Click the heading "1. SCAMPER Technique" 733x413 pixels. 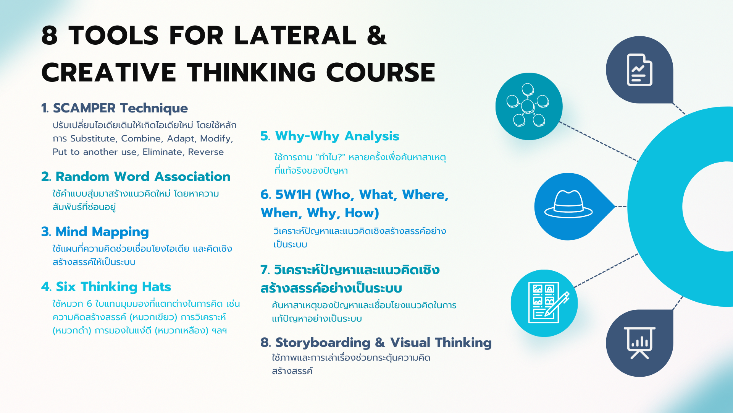point(115,108)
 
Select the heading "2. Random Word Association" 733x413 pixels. point(136,177)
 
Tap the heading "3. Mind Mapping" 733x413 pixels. point(95,232)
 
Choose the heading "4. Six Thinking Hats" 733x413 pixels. point(106,287)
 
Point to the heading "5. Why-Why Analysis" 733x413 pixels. point(330,136)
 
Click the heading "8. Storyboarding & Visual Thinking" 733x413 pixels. point(376,343)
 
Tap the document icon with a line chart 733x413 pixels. point(639,70)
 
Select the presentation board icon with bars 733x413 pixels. point(639,343)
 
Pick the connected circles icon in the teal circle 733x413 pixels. point(528,105)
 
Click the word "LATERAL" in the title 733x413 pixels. point(295,36)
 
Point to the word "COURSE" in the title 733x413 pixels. point(381,72)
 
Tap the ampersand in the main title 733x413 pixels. point(377,35)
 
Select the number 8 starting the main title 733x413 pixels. point(50,36)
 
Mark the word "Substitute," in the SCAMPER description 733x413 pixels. point(94,138)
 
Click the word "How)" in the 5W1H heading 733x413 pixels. point(362,213)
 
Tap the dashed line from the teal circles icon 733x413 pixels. point(599,141)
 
